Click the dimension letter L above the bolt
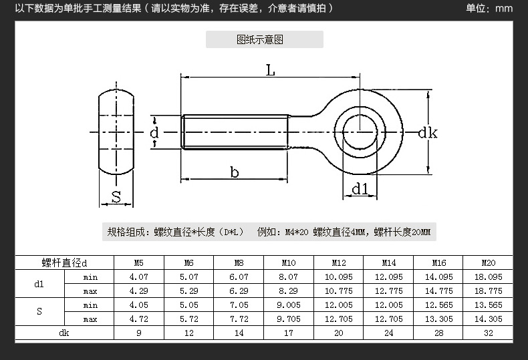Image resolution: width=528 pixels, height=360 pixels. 271,70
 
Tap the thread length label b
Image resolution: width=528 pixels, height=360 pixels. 235,172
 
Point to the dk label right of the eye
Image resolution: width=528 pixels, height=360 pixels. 428,133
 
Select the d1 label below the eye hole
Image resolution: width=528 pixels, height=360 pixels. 360,189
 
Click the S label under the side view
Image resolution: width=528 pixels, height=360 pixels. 116,197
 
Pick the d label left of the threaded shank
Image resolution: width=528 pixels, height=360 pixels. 154,133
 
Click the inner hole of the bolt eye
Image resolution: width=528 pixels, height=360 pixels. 360,132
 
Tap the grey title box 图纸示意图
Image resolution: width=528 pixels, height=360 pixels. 265,39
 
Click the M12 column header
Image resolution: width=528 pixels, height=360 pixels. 339,262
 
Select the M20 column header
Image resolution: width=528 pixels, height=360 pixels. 489,262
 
